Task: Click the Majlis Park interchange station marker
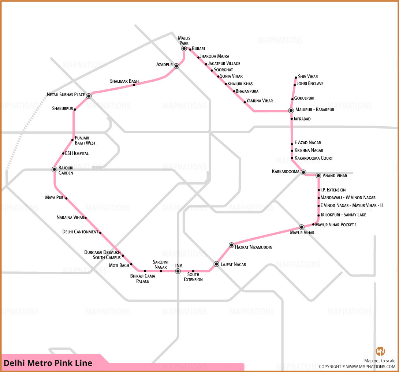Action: click(x=184, y=48)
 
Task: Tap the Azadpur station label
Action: click(x=164, y=65)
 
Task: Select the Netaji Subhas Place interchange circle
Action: click(x=89, y=96)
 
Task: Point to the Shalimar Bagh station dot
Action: click(x=134, y=85)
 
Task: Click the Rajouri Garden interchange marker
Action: click(x=54, y=169)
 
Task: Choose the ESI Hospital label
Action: click(x=77, y=153)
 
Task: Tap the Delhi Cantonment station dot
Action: click(x=100, y=232)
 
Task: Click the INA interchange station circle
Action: click(x=178, y=271)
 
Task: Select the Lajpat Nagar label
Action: click(x=233, y=264)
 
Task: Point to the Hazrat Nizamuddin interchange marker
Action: click(x=231, y=245)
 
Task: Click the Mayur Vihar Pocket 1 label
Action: click(x=336, y=225)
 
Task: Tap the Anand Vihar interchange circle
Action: click(x=318, y=176)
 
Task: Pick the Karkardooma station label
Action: click(x=286, y=171)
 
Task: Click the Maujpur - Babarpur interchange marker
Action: click(x=291, y=110)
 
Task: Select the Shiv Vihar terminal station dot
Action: click(x=296, y=78)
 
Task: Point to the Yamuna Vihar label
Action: click(x=260, y=101)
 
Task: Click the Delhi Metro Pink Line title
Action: click(x=48, y=363)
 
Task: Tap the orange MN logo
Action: click(x=380, y=351)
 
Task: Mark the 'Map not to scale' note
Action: click(x=380, y=361)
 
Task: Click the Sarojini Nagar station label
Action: click(x=161, y=264)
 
